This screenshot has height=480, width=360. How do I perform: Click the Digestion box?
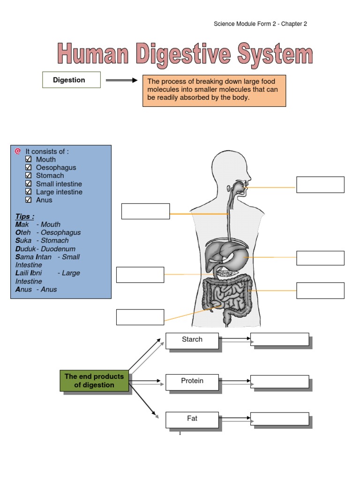coord(71,80)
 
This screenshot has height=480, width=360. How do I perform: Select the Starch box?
coord(192,340)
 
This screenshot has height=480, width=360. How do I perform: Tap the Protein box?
coord(192,382)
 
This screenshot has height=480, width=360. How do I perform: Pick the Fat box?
coord(192,420)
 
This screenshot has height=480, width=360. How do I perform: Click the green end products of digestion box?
coord(94,381)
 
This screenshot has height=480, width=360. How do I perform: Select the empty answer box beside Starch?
coord(279,339)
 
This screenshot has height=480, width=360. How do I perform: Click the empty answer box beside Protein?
coord(279,382)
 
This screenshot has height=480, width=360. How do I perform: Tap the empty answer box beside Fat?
coord(279,419)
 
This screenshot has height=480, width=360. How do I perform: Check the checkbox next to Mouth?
coord(29,159)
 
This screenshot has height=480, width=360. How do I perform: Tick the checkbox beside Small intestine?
coord(29,184)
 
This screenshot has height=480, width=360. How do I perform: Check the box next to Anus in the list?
coord(29,200)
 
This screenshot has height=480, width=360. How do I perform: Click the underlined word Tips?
coord(24,217)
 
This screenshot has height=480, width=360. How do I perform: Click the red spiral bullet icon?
coord(18,151)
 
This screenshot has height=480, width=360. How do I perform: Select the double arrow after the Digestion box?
coord(121,80)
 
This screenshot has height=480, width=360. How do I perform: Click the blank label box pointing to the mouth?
coord(321,185)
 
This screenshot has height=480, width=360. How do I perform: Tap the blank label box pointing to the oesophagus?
coord(145,211)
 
